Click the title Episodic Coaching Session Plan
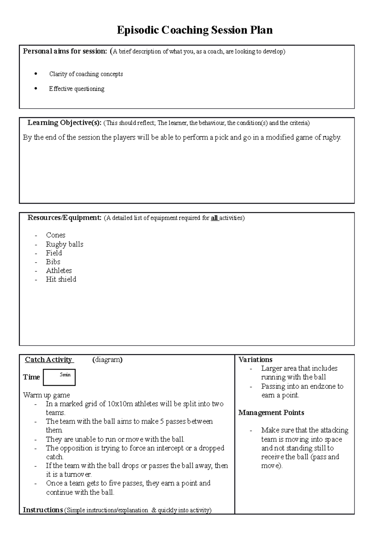pyautogui.click(x=195, y=30)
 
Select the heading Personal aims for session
pyautogui.click(x=65, y=51)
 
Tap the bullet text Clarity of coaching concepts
pyautogui.click(x=86, y=74)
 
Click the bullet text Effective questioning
pyautogui.click(x=77, y=89)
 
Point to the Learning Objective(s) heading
pyautogui.click(x=64, y=123)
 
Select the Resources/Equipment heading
pyautogui.click(x=64, y=218)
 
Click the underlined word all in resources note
pyautogui.click(x=214, y=218)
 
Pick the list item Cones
pyautogui.click(x=56, y=235)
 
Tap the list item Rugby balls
pyautogui.click(x=64, y=244)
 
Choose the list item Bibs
pyautogui.click(x=53, y=262)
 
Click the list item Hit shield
pyautogui.click(x=61, y=279)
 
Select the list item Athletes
pyautogui.click(x=59, y=270)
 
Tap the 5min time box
pyautogui.click(x=59, y=377)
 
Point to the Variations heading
pyautogui.click(x=255, y=360)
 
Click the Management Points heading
pyautogui.click(x=271, y=413)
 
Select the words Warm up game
pyautogui.click(x=46, y=395)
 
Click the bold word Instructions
pyautogui.click(x=43, y=510)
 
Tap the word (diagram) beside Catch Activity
pyautogui.click(x=107, y=360)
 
